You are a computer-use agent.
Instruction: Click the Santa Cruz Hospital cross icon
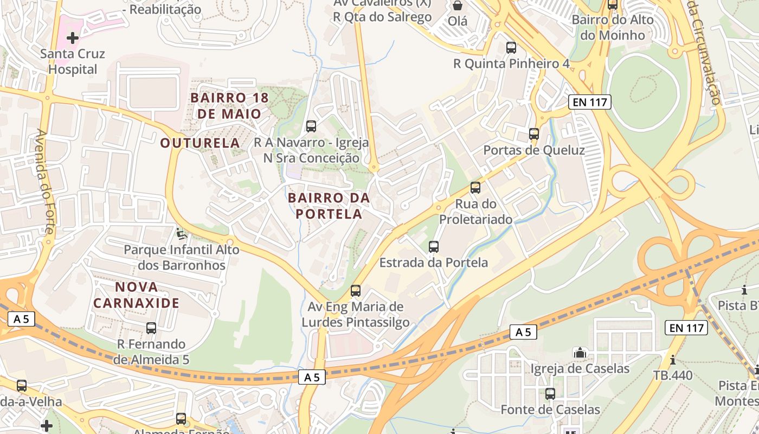[x=72, y=38]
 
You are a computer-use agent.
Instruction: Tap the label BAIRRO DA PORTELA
[x=329, y=206]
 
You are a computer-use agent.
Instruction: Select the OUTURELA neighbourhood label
[x=200, y=143]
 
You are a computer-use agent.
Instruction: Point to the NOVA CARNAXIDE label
[x=136, y=295]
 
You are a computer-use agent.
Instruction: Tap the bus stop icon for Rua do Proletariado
[x=475, y=188]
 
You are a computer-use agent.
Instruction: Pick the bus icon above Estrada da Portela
[x=433, y=247]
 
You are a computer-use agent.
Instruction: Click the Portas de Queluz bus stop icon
[x=534, y=134]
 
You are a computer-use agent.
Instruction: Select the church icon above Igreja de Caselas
[x=580, y=353]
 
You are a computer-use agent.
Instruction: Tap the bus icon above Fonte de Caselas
[x=550, y=394]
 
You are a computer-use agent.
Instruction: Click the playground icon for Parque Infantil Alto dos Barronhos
[x=182, y=234]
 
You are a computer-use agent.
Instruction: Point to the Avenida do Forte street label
[x=46, y=181]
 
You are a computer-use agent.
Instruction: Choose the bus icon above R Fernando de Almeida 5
[x=151, y=328]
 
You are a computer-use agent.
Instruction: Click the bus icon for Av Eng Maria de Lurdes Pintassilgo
[x=356, y=291]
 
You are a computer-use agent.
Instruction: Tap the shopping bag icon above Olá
[x=458, y=6]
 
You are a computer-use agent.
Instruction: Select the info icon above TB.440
[x=673, y=360]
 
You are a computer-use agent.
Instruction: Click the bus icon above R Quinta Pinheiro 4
[x=511, y=48]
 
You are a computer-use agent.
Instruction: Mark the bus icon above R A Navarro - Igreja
[x=311, y=126]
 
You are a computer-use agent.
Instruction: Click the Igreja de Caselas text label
[x=580, y=369]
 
